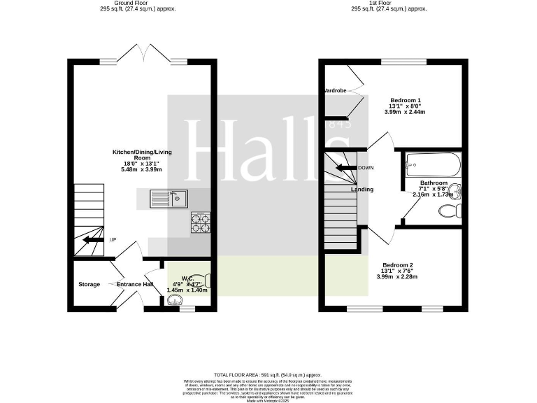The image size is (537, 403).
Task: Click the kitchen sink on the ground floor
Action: click(167, 199)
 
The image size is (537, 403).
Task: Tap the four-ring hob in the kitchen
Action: click(200, 222)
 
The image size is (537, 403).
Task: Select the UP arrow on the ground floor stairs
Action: click(91, 240)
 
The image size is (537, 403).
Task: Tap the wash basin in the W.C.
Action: click(173, 301)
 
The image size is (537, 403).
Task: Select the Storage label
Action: click(89, 284)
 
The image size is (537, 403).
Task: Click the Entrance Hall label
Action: click(135, 284)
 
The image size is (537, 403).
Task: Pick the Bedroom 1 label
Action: click(405, 99)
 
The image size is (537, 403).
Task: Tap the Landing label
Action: click(361, 190)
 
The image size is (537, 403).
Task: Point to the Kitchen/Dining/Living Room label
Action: click(142, 155)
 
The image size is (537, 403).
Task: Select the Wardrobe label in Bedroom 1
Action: click(335, 91)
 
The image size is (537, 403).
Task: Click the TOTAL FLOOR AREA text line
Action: click(268, 376)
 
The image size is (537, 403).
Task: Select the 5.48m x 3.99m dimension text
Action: click(142, 169)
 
